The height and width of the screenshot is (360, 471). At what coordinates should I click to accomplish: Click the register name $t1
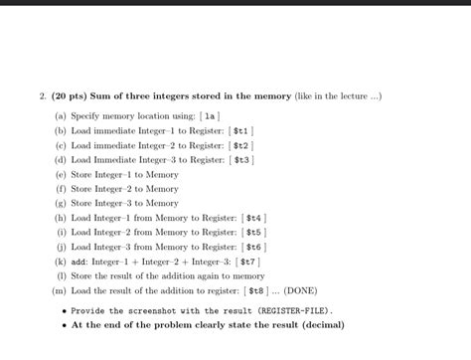pos(241,130)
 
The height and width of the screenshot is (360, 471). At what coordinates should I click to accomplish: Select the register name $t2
pos(241,144)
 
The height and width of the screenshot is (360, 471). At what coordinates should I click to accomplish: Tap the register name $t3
pos(242,159)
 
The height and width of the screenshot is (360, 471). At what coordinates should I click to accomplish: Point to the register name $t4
pos(254,217)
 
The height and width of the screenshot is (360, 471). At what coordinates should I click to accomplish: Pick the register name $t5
pos(254,232)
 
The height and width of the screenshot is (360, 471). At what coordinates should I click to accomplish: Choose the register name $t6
pos(255,247)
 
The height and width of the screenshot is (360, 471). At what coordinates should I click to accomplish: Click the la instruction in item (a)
pos(211,115)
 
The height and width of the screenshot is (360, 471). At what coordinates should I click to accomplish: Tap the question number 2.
pos(42,95)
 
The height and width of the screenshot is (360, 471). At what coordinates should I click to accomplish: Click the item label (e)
pos(62,174)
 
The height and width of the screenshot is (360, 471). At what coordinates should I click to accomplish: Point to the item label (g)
pos(62,203)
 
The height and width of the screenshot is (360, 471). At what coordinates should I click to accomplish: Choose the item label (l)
pos(62,276)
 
